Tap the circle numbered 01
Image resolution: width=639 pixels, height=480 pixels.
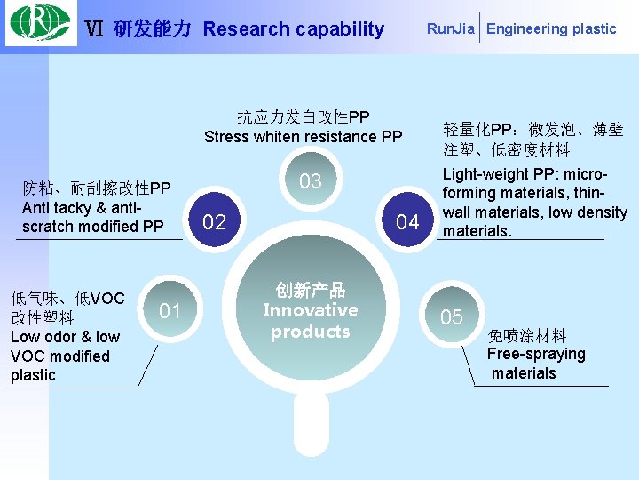coord(170,310)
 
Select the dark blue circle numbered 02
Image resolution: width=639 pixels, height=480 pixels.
coord(215,221)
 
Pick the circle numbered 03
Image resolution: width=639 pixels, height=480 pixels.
coord(310,181)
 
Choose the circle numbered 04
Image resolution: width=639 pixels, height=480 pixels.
coord(407,221)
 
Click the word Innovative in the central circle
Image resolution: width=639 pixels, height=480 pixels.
coord(311,310)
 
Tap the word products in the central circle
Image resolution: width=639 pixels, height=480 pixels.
coord(311,332)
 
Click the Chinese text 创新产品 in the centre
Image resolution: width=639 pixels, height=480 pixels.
coord(311,290)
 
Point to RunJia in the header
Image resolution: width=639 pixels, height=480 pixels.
coord(451,28)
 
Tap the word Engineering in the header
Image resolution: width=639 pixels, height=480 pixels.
coord(527,28)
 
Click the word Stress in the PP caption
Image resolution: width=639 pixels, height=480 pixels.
coord(225,136)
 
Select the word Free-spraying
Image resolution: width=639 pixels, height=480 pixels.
coord(536,354)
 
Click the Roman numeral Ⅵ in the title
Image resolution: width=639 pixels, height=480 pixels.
coord(94,28)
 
